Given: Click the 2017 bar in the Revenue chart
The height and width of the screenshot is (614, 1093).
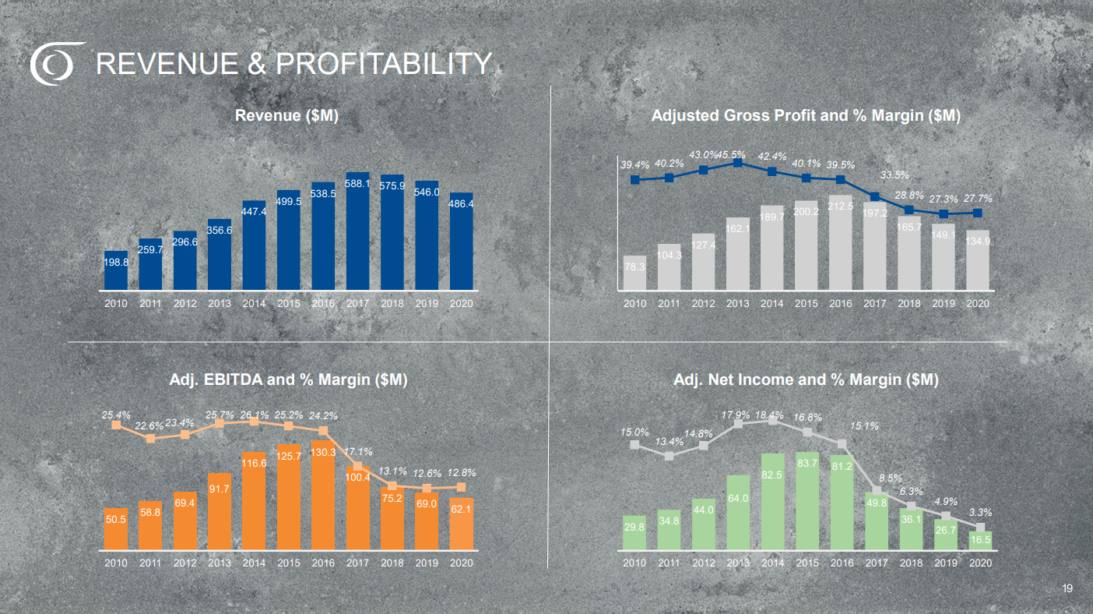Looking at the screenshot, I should point(357,234).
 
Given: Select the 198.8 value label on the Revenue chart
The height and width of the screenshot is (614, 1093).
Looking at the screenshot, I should point(116,263).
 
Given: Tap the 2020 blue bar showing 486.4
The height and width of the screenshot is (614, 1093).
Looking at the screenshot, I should point(461,242).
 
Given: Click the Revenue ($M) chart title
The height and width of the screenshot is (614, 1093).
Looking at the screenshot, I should point(286,116).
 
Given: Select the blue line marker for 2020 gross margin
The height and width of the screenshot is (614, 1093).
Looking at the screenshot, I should point(977,213).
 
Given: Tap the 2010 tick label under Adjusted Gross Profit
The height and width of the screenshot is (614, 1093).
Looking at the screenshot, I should point(634,304).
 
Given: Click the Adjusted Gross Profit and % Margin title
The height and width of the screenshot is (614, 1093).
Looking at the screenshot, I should point(806,116).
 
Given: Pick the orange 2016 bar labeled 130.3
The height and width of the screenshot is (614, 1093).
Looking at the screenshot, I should point(323,499).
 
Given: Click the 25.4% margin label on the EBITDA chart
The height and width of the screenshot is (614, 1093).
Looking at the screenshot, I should point(116,415).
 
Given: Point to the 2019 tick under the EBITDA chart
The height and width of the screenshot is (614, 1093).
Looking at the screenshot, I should point(427,563).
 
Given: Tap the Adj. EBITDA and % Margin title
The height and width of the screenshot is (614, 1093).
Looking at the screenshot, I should point(288,380).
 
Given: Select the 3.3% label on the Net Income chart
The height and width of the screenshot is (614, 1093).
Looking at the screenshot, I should point(980,512).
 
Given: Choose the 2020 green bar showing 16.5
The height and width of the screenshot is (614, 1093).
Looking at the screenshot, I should point(980,541).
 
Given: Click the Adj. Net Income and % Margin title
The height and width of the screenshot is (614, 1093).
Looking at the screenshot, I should point(806,380).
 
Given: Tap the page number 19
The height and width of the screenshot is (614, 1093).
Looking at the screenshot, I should point(1067,589).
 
